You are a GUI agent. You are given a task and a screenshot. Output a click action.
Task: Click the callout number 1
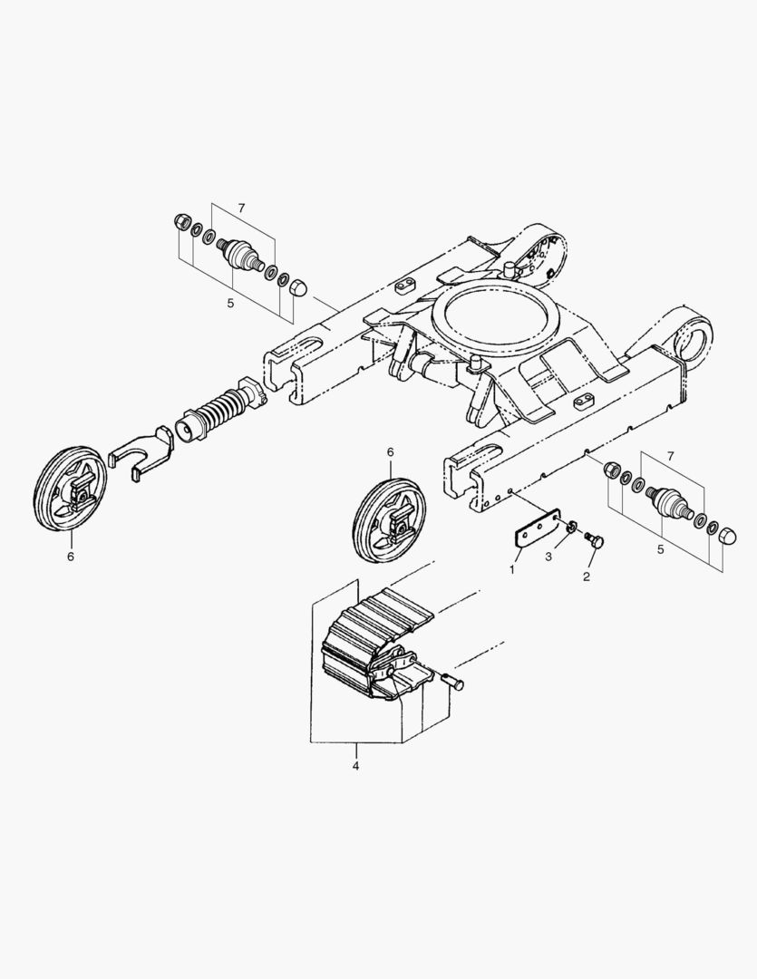[x=512, y=569]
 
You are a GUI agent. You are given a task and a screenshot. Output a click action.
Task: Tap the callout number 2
[x=586, y=577]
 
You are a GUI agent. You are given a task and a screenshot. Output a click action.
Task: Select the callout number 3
[x=548, y=557]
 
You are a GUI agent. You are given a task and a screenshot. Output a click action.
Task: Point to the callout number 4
[x=355, y=765]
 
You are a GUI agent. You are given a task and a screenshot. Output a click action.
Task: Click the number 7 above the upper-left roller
[x=241, y=208]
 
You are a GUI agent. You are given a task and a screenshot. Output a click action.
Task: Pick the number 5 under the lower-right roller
[x=661, y=549]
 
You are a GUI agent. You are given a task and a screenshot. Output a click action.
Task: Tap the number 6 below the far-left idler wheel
[x=71, y=556]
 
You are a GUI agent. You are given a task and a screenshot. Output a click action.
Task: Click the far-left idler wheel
[x=70, y=489]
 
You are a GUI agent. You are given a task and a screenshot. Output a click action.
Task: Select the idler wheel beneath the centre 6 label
[x=390, y=520]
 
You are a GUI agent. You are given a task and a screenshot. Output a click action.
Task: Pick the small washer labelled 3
[x=569, y=528]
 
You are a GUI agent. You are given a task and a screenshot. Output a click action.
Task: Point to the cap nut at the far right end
[x=728, y=537]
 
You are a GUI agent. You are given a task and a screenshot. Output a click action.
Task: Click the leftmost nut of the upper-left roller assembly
[x=180, y=222]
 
